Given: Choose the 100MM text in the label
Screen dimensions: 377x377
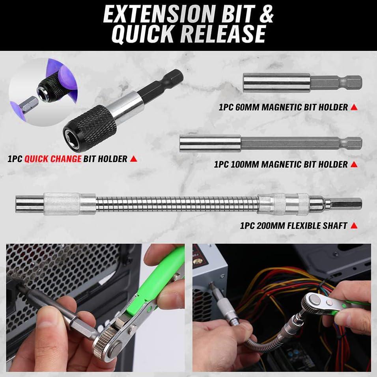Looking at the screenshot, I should click(246, 164).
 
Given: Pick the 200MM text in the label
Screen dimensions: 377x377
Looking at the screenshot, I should click(271, 226).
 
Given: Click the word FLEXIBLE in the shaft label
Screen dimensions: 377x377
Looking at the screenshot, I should click(308, 226).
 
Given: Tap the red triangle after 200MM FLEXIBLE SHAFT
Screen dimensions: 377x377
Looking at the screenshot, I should click(354, 226).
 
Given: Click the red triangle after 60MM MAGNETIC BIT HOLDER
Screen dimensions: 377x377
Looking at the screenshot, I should click(354, 107).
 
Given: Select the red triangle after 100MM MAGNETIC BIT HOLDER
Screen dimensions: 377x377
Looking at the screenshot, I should click(354, 164).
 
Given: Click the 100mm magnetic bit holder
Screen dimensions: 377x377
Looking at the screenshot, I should click(271, 143).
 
